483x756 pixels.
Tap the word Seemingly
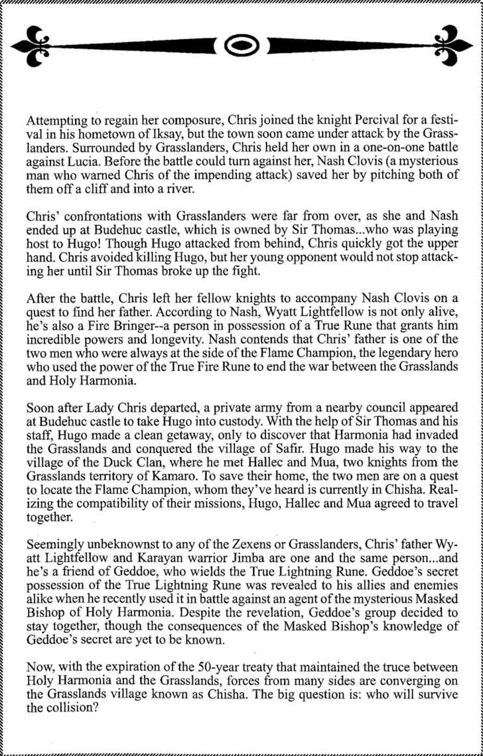[x=55, y=590]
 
